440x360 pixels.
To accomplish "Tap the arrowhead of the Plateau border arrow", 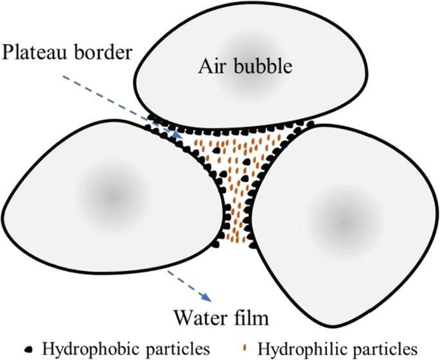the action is [179, 137].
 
